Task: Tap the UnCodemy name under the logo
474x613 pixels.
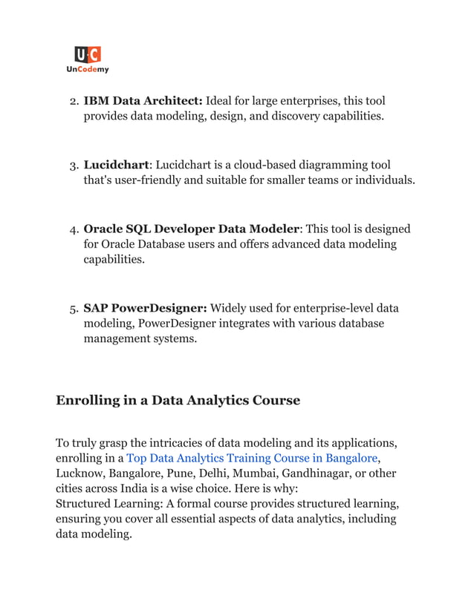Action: click(87, 70)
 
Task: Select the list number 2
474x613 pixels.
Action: click(73, 101)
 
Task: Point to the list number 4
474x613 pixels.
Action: click(73, 230)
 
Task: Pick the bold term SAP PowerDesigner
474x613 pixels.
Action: click(146, 308)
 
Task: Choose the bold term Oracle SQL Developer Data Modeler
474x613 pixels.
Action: click(190, 229)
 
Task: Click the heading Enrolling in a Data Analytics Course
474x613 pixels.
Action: click(178, 401)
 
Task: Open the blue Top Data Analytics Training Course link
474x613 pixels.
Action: click(252, 458)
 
